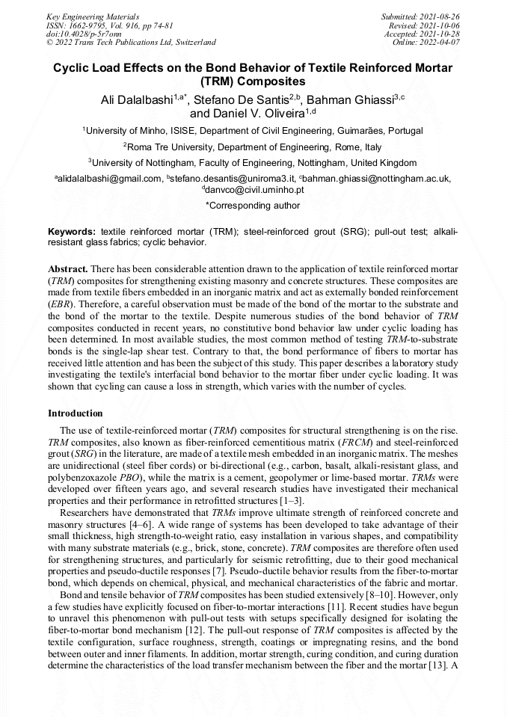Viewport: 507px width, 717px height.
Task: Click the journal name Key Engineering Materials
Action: point(93,16)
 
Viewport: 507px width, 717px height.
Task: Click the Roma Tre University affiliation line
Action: point(253,147)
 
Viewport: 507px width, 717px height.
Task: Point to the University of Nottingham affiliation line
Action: point(253,162)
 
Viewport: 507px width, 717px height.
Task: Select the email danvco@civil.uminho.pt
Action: point(255,190)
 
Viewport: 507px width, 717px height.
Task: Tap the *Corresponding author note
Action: point(253,206)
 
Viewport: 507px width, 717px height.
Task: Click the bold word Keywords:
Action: point(73,232)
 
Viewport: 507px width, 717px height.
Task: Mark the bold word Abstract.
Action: point(69,268)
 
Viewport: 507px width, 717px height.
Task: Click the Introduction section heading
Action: point(76,413)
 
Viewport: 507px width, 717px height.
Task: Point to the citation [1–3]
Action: point(288,500)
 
